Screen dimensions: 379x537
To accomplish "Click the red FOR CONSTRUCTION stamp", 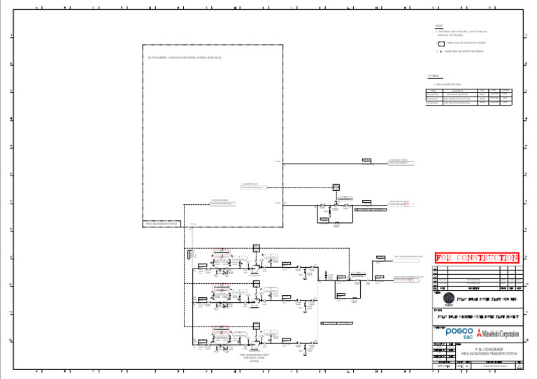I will [477, 258].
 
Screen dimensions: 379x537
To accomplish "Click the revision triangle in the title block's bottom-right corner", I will [518, 365].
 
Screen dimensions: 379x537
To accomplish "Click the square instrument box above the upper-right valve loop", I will [336, 187].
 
